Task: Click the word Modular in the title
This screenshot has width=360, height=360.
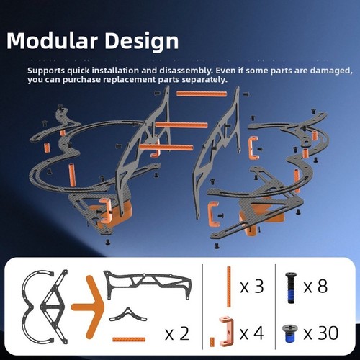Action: (52, 40)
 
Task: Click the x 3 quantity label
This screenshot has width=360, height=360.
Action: (252, 287)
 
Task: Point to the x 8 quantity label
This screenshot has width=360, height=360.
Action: (315, 287)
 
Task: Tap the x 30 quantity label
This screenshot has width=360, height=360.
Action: (321, 333)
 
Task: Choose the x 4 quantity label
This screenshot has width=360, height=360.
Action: (252, 333)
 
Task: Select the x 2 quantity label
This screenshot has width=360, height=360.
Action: (177, 334)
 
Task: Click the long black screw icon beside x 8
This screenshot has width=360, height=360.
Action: (291, 288)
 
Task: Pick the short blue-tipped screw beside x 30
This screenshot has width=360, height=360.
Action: (289, 333)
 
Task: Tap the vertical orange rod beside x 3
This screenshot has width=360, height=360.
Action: (229, 287)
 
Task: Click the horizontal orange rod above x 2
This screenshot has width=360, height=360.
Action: (129, 339)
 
